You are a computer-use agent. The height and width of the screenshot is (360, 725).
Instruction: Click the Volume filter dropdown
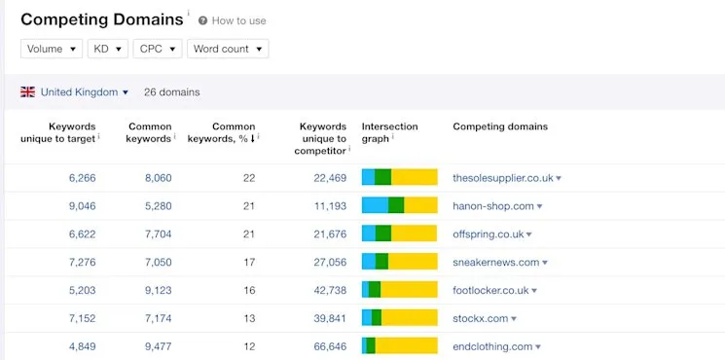[52, 49]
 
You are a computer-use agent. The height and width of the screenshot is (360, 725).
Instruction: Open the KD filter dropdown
[106, 49]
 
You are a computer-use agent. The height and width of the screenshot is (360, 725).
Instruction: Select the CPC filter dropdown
[158, 49]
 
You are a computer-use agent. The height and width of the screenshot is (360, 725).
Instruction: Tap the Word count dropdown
[228, 49]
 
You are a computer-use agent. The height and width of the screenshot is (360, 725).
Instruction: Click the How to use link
[237, 20]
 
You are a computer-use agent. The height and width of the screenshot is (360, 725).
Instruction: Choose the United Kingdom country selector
[84, 92]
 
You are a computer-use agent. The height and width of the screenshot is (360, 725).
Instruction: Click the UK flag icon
[27, 92]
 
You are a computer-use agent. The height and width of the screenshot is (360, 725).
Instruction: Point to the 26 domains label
[171, 92]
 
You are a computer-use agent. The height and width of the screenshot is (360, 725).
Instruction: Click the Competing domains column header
[500, 126]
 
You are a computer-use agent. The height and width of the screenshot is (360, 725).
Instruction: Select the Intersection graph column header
[389, 132]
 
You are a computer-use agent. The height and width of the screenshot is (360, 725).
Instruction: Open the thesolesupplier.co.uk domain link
[502, 178]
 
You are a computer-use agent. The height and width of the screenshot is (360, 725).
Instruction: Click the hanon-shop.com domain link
[493, 206]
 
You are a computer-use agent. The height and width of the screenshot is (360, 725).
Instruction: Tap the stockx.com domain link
[481, 318]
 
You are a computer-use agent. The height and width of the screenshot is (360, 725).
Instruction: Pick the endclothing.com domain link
[492, 346]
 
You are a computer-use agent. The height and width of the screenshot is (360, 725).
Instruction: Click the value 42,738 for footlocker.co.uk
[325, 290]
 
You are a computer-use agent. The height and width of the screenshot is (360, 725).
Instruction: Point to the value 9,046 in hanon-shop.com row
[82, 206]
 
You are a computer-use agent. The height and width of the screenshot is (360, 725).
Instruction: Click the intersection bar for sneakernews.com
[399, 262]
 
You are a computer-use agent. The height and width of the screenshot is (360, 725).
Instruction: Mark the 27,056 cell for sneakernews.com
[325, 262]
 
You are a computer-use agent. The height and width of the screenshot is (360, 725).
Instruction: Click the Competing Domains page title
[101, 19]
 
